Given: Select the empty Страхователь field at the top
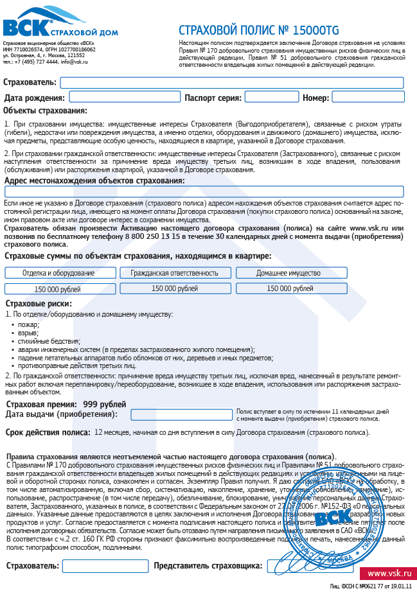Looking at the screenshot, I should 231,82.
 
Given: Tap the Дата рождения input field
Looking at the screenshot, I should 125,97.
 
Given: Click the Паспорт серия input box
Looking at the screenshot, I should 272,97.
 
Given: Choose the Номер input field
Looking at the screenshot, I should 368,97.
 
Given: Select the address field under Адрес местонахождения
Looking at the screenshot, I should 204,191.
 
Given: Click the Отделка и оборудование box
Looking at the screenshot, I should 58,272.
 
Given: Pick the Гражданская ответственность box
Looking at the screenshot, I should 174,272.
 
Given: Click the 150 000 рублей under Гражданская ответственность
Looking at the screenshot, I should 174,288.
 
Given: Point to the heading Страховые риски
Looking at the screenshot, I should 38,304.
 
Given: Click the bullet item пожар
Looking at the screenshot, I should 30,324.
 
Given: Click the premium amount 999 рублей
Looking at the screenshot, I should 105,404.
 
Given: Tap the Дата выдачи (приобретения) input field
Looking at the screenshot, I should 181,414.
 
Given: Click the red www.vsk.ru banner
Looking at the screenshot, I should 388,573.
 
